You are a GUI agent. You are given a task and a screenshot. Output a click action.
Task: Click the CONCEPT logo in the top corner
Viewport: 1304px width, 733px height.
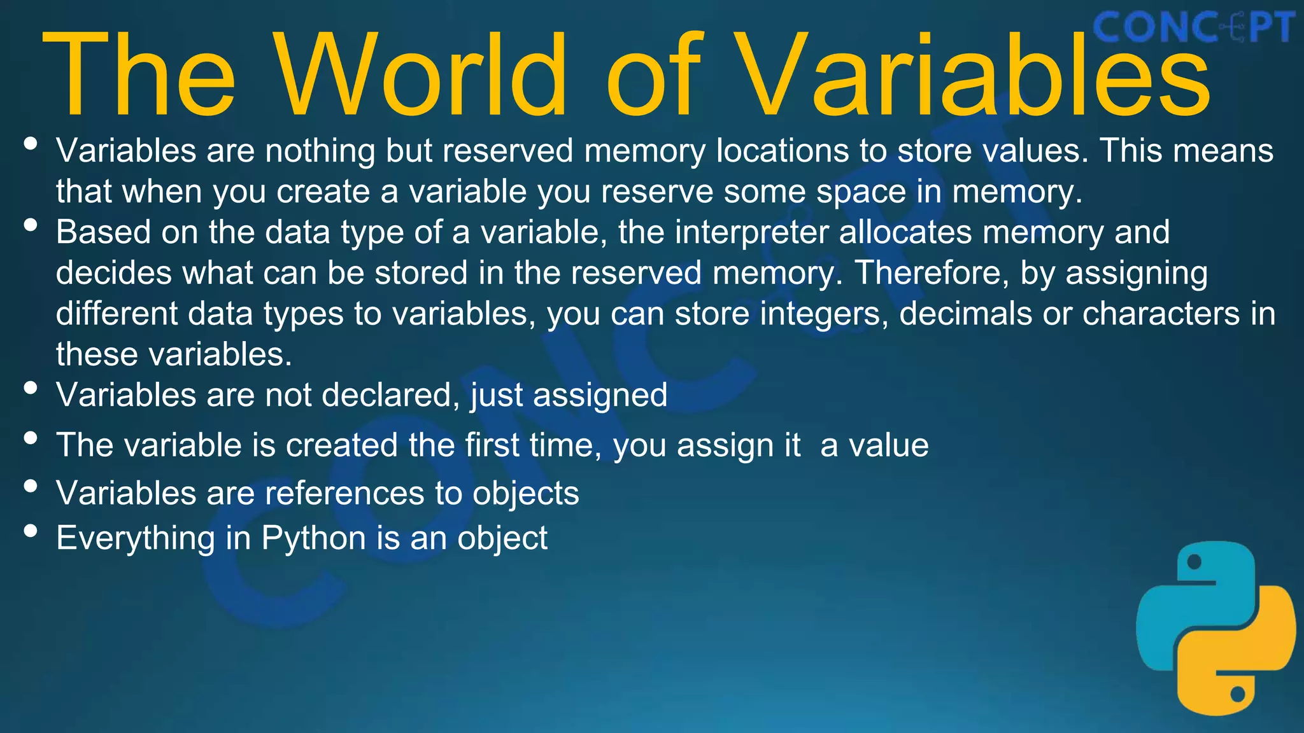[x=1193, y=28]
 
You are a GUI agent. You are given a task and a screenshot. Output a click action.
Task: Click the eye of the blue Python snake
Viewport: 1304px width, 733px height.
[x=1194, y=562]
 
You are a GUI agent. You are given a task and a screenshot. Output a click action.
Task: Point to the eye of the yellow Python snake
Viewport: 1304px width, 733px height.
[x=1237, y=694]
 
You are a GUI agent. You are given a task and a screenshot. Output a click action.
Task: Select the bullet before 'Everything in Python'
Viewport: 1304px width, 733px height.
[x=30, y=530]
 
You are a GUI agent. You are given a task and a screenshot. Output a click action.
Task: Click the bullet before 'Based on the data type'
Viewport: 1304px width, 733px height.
[x=30, y=224]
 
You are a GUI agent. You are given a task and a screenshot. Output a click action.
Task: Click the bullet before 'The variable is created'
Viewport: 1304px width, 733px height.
[x=30, y=437]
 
